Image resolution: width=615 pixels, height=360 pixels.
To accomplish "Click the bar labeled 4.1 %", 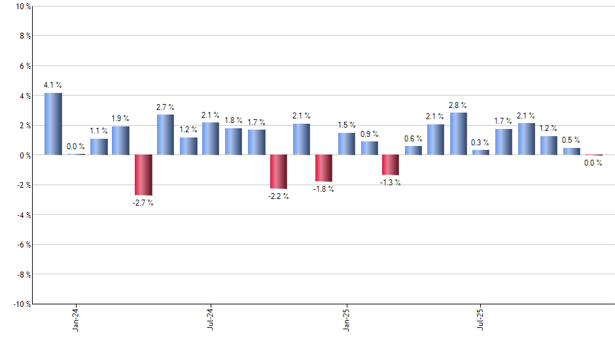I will tap(53, 124).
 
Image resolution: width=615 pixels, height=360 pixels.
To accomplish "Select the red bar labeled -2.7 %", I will tap(143, 175).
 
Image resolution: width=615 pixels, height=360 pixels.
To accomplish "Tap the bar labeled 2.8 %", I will tap(459, 134).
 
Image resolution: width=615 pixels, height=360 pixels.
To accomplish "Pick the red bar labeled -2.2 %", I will tap(279, 171).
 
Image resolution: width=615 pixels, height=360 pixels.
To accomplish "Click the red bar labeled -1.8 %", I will tap(324, 168).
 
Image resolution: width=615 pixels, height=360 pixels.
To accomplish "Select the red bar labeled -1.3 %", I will tap(391, 165).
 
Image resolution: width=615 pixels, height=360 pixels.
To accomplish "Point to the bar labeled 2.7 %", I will tap(166, 135).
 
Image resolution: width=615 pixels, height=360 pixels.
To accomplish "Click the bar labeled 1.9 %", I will tap(120, 141).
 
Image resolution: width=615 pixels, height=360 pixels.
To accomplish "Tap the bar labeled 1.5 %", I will tap(347, 144).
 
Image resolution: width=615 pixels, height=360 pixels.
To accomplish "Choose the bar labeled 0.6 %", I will tap(413, 151).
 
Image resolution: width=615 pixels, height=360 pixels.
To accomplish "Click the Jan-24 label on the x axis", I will tap(76, 319).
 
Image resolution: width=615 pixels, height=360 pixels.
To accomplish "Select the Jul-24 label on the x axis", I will tap(211, 319).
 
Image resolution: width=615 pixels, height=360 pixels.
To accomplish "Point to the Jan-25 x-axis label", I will tap(346, 319).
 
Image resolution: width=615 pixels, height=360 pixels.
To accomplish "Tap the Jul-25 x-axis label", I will tap(482, 319).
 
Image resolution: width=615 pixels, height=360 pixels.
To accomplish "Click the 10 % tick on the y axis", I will tap(22, 7).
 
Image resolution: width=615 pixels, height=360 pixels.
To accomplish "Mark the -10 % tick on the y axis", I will tap(21, 304).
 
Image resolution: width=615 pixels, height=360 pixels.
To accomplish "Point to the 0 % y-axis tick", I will tap(24, 155).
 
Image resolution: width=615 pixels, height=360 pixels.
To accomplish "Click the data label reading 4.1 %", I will tap(53, 85).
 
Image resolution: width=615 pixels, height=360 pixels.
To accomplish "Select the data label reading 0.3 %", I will tap(481, 143).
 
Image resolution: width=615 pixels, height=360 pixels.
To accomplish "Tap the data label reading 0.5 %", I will tap(571, 140).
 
